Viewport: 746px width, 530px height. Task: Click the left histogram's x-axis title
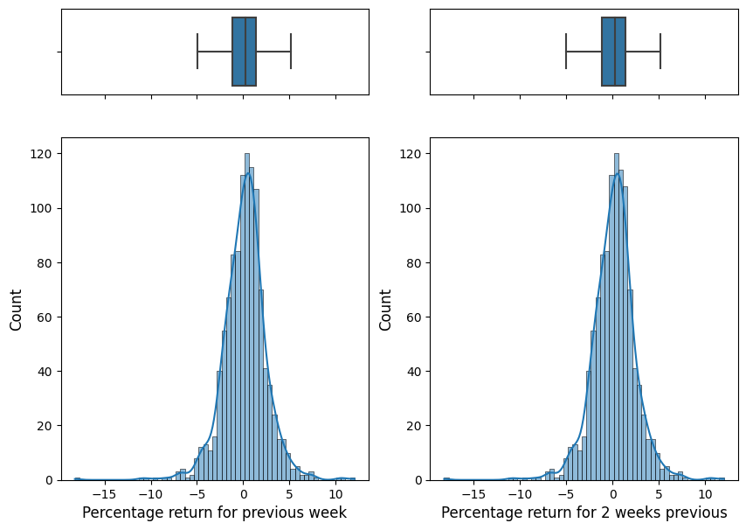[x=214, y=513]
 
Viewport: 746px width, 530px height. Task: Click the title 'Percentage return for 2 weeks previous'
[x=584, y=513]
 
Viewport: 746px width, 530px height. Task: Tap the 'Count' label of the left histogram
[x=16, y=309]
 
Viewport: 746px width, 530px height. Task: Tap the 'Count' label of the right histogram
[x=385, y=309]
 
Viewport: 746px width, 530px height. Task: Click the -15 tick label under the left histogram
[x=105, y=493]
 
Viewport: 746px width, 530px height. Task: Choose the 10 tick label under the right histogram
[x=706, y=493]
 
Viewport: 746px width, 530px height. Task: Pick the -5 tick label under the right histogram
[x=565, y=493]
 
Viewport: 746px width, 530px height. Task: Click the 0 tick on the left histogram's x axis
[x=244, y=493]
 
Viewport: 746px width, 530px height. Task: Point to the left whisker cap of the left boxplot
[x=197, y=52]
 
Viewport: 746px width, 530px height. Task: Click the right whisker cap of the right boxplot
[x=660, y=52]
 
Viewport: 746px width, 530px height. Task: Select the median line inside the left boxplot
[x=245, y=52]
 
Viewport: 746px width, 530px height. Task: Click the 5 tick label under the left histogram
[x=290, y=493]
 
